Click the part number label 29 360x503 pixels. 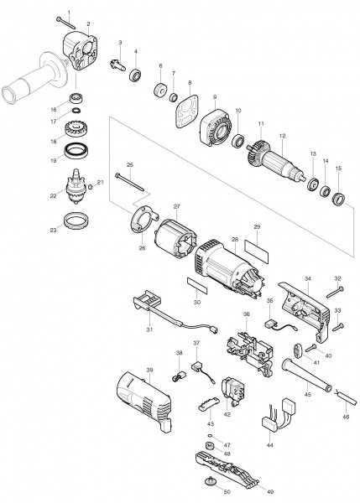(257, 227)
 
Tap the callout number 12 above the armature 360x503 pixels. (282, 136)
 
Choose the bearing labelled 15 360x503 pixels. (341, 200)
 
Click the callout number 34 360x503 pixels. (308, 278)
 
